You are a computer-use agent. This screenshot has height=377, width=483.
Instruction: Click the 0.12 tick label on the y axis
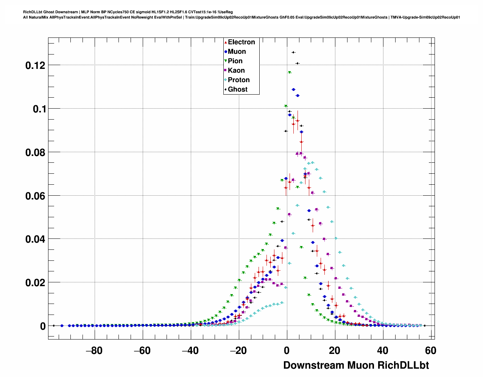(x=35, y=65)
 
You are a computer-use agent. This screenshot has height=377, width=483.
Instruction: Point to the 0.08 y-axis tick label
(x=35, y=153)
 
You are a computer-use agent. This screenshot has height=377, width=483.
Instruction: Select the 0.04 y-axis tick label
(x=35, y=239)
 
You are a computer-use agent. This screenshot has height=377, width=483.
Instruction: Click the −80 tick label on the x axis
(x=94, y=351)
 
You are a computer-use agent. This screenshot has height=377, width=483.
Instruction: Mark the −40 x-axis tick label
(x=190, y=351)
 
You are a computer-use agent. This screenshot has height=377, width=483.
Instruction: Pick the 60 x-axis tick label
(x=430, y=351)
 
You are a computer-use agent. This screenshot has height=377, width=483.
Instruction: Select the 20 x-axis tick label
(x=334, y=351)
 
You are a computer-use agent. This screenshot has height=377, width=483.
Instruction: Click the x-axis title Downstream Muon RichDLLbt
(x=356, y=365)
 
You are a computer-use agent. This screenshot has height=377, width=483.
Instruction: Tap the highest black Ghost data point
(x=293, y=52)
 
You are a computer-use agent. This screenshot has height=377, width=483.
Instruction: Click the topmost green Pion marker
(x=289, y=72)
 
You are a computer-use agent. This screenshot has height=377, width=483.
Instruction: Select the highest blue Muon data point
(x=293, y=89)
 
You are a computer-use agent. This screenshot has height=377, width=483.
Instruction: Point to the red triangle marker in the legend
(x=226, y=42)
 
